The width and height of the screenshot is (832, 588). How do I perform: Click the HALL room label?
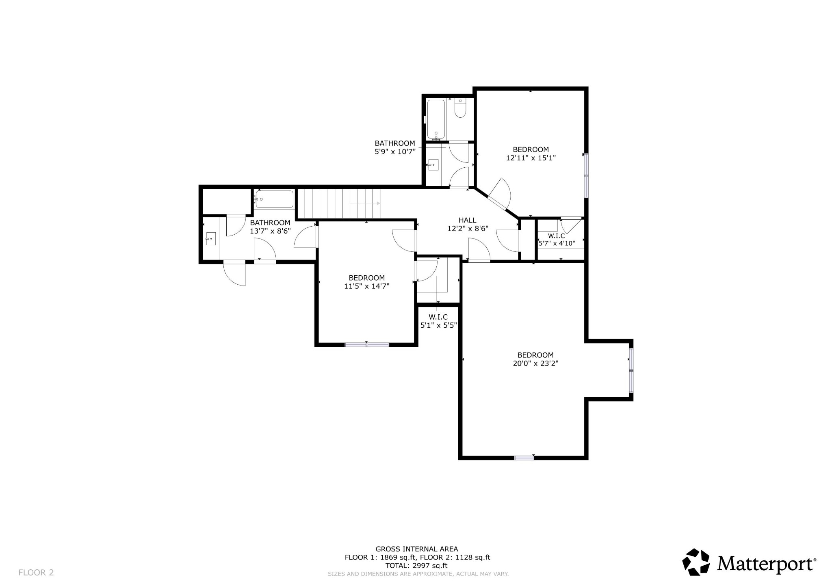[467, 220]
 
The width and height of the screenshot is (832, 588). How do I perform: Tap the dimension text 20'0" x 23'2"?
[535, 364]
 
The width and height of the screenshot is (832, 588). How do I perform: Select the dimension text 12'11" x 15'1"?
[531, 158]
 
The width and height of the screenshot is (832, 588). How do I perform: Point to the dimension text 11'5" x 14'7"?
[366, 286]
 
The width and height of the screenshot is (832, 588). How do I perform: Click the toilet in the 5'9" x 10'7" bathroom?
[460, 109]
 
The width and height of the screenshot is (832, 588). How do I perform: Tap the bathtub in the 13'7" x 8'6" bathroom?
[275, 199]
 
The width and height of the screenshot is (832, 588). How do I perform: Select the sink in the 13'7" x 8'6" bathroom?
[210, 239]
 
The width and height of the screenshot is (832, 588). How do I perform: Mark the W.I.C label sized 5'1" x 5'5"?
[438, 317]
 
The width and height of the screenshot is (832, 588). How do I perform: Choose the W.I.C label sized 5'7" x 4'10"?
[556, 236]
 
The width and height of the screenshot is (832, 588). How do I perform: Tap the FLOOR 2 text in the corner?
[36, 573]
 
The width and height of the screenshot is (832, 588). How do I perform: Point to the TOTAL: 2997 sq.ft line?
[416, 565]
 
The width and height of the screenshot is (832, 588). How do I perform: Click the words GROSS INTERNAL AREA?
[416, 549]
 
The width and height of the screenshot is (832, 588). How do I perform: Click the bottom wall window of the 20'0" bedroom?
[524, 458]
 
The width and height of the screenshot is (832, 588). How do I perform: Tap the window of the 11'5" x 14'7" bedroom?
[367, 345]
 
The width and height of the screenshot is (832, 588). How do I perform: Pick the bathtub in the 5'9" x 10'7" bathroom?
[436, 119]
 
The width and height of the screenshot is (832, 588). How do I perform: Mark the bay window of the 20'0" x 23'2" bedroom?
[631, 370]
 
